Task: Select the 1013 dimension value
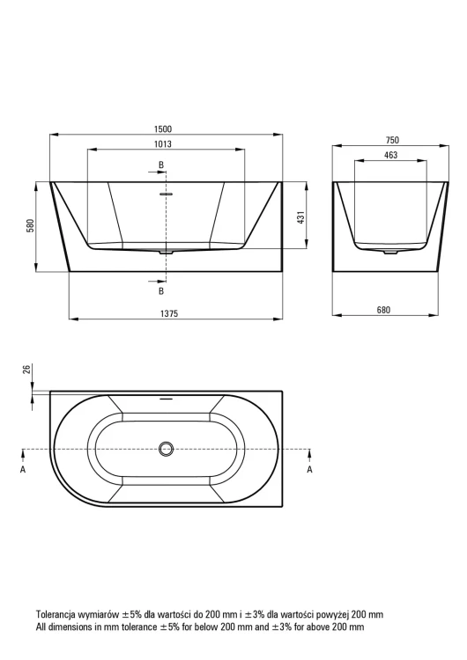pyautogui.click(x=163, y=144)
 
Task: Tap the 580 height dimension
pyautogui.click(x=29, y=226)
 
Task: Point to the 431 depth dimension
pyautogui.click(x=301, y=217)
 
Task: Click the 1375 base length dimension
pyautogui.click(x=169, y=313)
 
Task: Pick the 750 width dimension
pyautogui.click(x=392, y=140)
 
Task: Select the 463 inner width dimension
pyautogui.click(x=390, y=155)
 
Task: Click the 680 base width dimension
pyautogui.click(x=383, y=310)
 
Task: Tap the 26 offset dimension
pyautogui.click(x=26, y=369)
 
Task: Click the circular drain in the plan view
pyautogui.click(x=166, y=449)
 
